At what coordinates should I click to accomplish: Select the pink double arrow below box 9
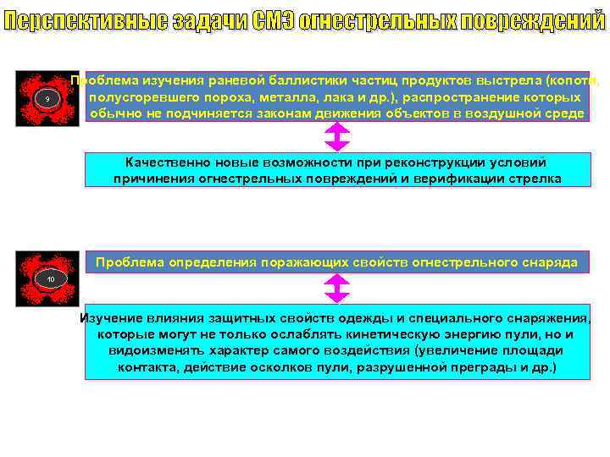pyautogui.click(x=336, y=136)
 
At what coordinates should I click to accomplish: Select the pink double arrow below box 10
pyautogui.click(x=336, y=291)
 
